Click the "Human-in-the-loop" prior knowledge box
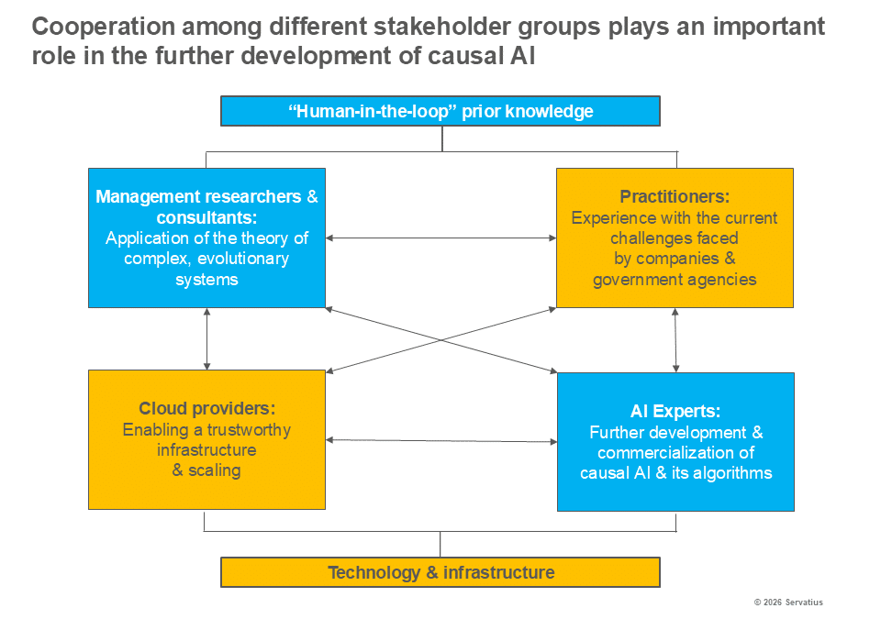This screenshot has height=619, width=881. pyautogui.click(x=440, y=111)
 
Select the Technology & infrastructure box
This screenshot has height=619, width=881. pyautogui.click(x=440, y=572)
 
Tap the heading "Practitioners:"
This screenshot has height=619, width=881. pyautogui.click(x=675, y=196)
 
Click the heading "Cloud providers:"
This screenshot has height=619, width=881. pyautogui.click(x=206, y=408)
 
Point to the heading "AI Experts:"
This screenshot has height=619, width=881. pyautogui.click(x=675, y=411)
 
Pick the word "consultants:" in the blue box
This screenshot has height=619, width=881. pyautogui.click(x=206, y=217)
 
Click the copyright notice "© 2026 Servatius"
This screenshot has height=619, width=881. pyautogui.click(x=788, y=602)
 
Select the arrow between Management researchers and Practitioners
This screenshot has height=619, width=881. pyautogui.click(x=441, y=238)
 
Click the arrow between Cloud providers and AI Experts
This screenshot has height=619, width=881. pyautogui.click(x=441, y=441)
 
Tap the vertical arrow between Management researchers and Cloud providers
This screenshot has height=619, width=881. pyautogui.click(x=206, y=338)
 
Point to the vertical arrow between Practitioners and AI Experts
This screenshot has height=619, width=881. pyautogui.click(x=675, y=340)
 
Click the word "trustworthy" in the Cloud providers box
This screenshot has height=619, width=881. pyautogui.click(x=249, y=430)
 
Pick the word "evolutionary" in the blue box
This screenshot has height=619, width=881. pyautogui.click(x=243, y=259)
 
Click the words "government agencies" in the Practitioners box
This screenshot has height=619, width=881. pyautogui.click(x=675, y=280)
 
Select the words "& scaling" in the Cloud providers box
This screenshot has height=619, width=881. pyautogui.click(x=206, y=470)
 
